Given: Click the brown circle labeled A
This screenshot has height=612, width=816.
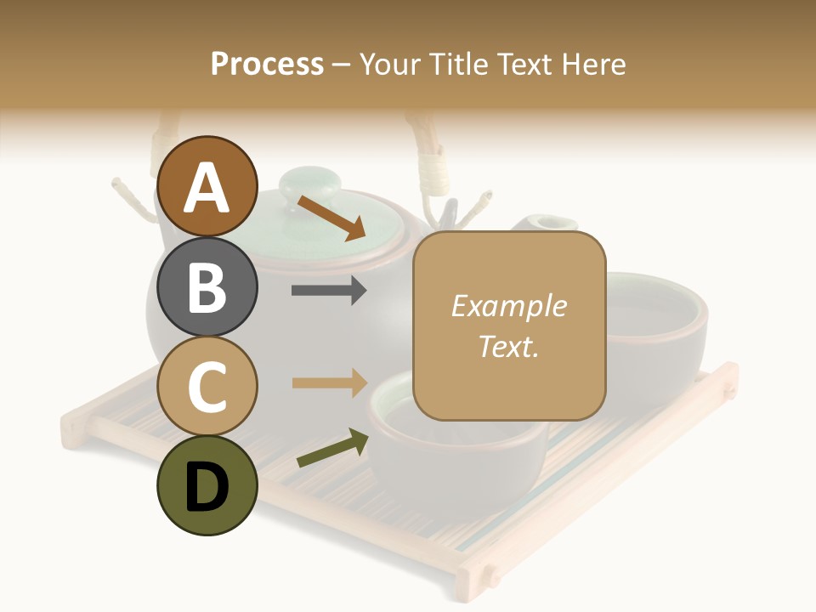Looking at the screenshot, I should [x=207, y=187].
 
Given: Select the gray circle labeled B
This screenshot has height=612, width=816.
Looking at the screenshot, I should [x=207, y=287].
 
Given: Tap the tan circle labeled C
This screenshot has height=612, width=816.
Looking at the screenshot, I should [x=207, y=386].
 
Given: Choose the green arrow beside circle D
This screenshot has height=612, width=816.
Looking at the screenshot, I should [x=332, y=448].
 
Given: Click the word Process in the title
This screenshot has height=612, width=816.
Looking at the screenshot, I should [x=267, y=64].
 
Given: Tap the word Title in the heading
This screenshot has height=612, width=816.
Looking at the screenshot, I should [x=458, y=64].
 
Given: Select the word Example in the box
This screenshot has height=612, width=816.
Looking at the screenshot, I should [x=508, y=307].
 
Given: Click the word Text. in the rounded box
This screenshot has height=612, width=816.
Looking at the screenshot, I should [x=508, y=346].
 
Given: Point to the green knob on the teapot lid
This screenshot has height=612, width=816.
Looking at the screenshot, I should [x=310, y=183].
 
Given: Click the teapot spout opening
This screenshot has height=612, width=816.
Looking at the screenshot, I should [x=545, y=224].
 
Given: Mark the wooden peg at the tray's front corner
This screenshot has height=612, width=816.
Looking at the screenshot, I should [x=491, y=575].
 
